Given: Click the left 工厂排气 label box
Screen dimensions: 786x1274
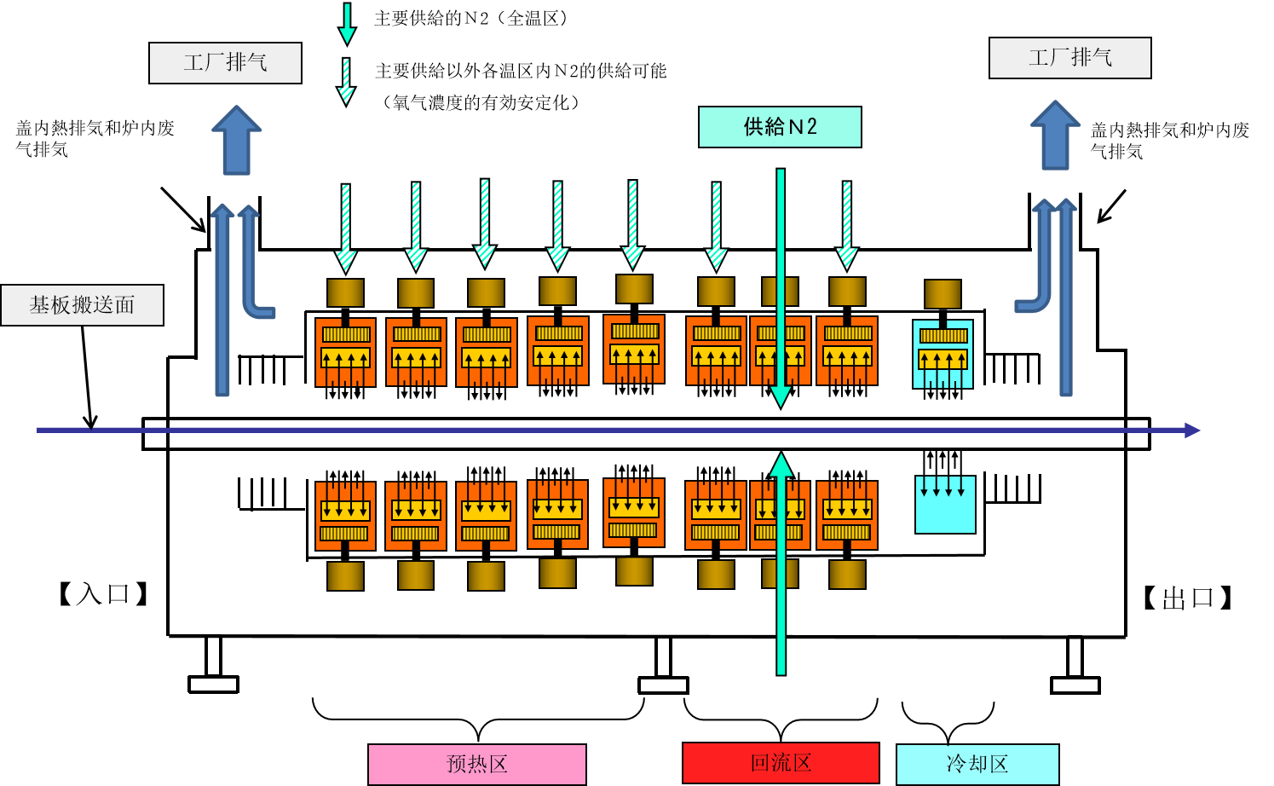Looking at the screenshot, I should (225, 63).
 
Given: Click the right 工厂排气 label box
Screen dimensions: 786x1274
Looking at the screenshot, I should (1069, 58).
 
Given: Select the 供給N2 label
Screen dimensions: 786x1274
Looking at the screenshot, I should (780, 127).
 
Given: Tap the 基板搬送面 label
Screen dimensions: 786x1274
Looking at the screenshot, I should (82, 305).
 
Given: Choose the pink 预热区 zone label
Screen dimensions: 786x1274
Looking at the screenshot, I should (476, 764).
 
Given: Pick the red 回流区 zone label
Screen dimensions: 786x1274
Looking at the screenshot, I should (781, 762).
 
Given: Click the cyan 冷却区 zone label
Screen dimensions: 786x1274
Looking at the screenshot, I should (977, 764).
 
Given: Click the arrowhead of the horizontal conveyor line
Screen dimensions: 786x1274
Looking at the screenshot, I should (1192, 431).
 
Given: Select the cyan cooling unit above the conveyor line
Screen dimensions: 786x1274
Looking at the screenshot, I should (943, 354).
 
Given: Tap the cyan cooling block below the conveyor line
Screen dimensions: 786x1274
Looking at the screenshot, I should (945, 505).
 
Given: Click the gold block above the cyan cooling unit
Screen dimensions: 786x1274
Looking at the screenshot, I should (943, 294).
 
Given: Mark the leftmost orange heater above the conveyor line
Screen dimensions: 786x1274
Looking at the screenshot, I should (345, 352).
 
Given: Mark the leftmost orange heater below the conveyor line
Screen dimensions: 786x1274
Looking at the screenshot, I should (345, 516).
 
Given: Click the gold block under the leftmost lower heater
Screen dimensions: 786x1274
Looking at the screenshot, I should (345, 576).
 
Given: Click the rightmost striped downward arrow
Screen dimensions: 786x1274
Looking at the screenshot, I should (846, 225).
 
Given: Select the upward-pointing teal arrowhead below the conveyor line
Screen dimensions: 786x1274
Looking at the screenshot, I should (781, 465).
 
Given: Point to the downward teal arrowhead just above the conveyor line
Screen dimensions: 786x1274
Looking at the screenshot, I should (781, 396).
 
